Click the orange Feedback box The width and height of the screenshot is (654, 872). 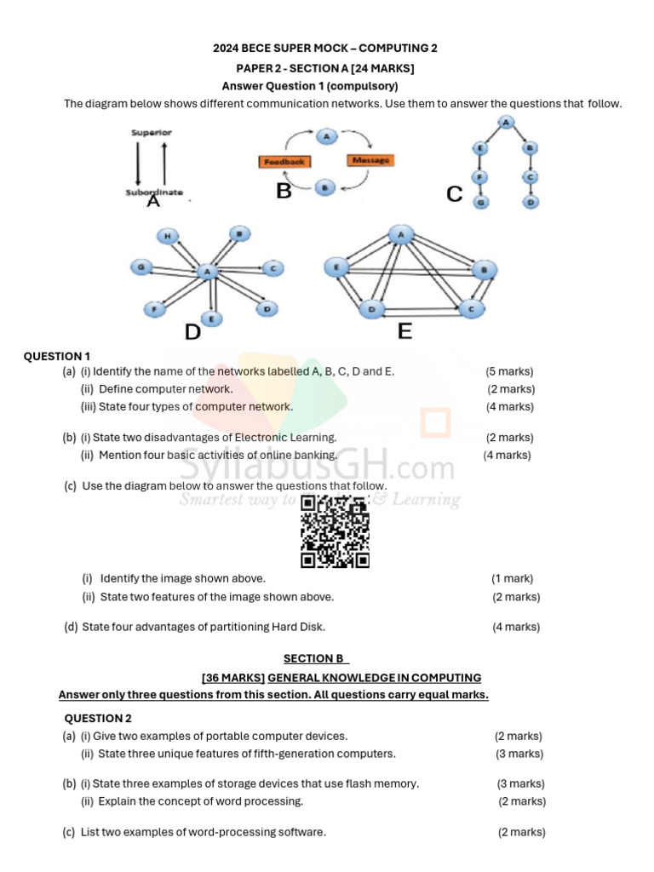283,161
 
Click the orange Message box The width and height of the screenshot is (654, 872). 370,160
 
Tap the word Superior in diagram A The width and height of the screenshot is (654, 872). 152,132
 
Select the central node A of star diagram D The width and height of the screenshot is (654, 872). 207,272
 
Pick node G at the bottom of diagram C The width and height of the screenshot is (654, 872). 481,203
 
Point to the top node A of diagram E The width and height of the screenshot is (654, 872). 400,234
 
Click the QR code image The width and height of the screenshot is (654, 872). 335,531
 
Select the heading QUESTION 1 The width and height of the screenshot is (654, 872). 57,356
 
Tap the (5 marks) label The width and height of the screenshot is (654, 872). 509,371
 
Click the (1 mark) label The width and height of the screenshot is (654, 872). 512,578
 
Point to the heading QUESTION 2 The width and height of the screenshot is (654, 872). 98,718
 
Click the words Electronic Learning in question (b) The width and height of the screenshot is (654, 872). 285,437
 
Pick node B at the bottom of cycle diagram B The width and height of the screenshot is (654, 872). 324,188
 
